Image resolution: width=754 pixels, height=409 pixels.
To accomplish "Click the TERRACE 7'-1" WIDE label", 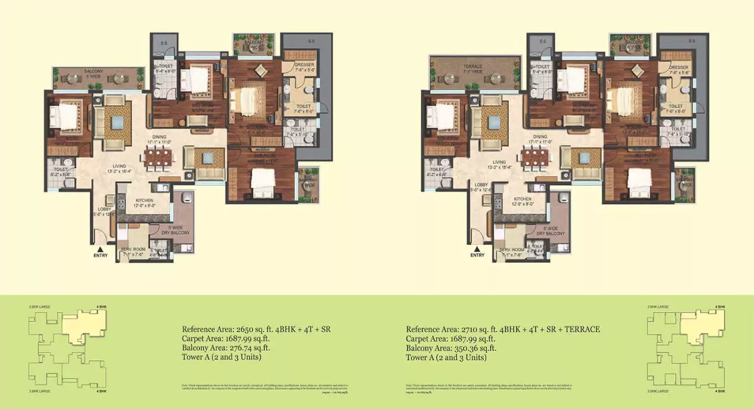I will click(x=473, y=69).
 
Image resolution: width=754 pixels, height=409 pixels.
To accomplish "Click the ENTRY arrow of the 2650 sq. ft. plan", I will click(x=100, y=248).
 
